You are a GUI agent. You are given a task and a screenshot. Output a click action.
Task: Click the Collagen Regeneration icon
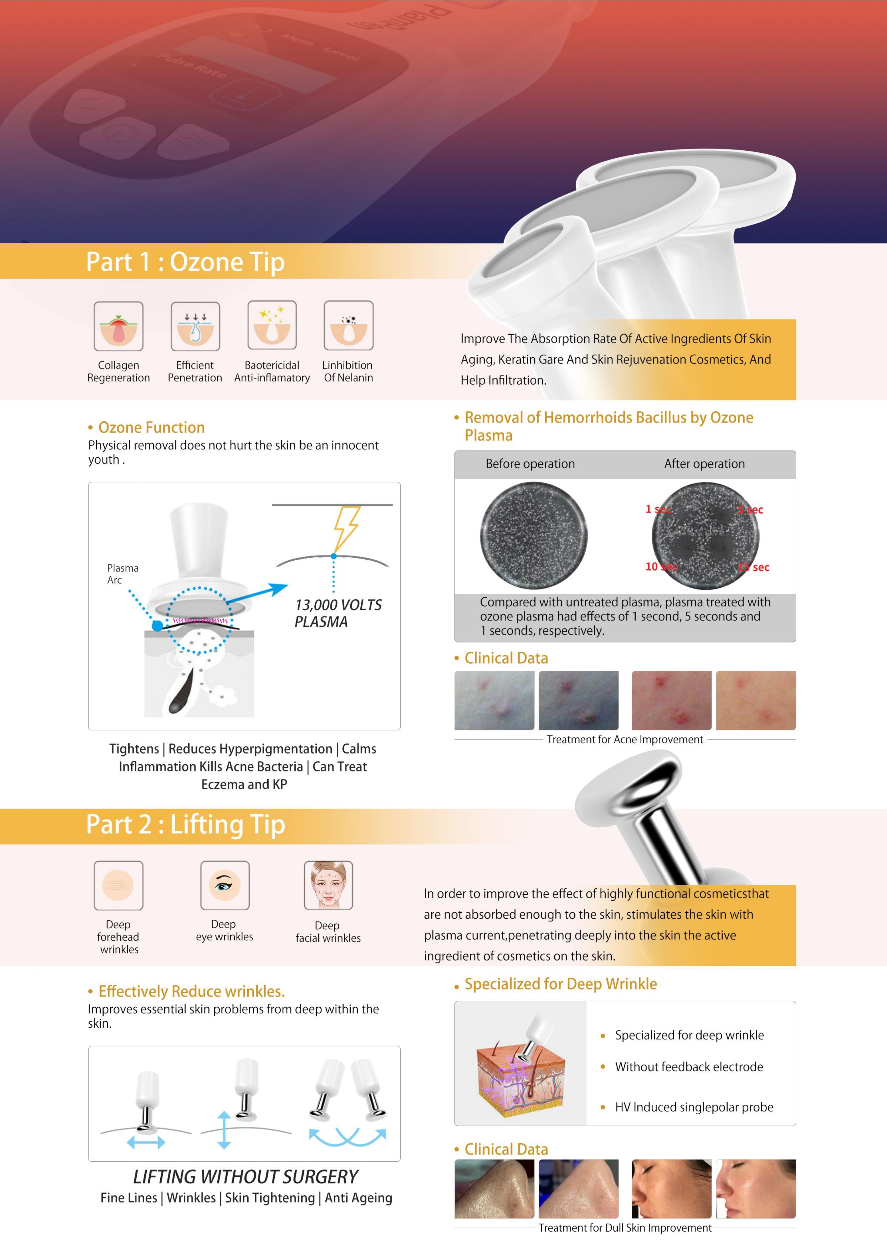coord(118,326)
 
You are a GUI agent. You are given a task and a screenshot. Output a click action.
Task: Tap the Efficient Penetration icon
coord(195,326)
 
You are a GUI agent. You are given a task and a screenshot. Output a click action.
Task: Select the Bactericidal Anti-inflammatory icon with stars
coord(272,326)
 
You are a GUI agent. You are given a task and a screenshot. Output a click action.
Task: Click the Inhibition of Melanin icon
coord(348,326)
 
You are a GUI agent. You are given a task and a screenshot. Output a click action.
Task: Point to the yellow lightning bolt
coord(346,528)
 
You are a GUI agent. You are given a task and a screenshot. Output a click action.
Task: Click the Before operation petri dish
coord(534,535)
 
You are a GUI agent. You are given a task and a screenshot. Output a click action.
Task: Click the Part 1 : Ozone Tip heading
coord(185,262)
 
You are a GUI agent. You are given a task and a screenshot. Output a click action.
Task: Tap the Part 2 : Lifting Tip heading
coord(185,824)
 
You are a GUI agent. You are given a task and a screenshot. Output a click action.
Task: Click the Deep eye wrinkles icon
coord(225,885)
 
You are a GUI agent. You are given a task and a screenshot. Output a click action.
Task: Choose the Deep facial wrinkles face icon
coord(328,885)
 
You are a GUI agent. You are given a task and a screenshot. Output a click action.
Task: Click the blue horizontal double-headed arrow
coord(146,1141)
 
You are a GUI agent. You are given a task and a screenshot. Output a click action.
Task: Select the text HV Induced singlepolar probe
coord(694,1107)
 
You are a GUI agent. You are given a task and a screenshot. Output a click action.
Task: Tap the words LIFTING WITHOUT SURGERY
coord(245,1177)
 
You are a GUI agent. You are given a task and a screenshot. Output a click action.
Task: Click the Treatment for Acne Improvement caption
coord(625,740)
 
